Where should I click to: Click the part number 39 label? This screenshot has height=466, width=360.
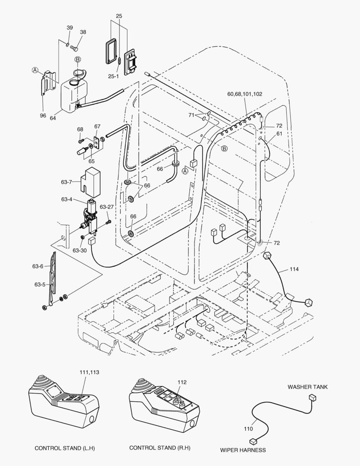70,28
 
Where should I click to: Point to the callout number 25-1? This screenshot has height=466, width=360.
113,76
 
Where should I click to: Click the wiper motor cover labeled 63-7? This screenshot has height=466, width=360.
91,181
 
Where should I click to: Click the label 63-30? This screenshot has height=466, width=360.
79,250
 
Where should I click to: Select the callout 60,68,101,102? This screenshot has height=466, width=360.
245,94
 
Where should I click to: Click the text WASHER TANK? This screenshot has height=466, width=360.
307,387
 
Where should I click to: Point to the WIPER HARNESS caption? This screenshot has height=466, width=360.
243,450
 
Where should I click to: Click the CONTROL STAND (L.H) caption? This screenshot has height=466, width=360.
65,448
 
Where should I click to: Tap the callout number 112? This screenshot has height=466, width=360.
182,382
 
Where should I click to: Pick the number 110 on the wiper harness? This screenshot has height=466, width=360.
249,429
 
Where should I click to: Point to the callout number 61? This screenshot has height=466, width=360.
279,134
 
